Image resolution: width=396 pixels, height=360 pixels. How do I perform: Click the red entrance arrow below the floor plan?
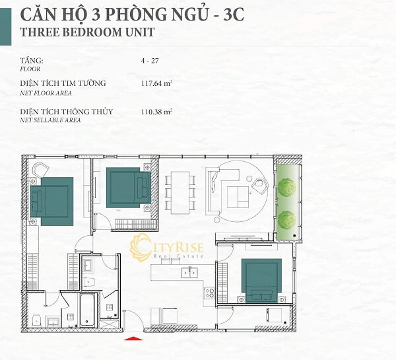coord(133,338)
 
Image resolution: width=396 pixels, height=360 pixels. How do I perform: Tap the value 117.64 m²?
coord(157,83)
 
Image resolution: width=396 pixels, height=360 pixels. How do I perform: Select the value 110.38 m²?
coord(157,112)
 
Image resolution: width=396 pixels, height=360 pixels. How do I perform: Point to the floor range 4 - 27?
coord(150,61)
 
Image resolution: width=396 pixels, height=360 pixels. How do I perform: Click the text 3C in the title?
coord(234,15)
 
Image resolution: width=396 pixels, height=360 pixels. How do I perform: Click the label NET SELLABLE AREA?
coord(50,120)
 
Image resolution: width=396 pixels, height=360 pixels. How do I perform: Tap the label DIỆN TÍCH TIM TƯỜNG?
coord(63,83)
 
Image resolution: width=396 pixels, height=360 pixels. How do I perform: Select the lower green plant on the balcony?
coord(286,220)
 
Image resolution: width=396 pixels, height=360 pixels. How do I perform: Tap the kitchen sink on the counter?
coord(189,273)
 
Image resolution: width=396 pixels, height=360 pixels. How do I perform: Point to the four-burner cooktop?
coord(209,293)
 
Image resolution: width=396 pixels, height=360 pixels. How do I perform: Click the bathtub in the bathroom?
coord(87,310)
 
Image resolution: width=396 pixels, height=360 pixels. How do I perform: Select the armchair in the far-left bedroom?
coord(40,170)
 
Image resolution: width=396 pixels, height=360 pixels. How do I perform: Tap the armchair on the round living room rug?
coord(259,186)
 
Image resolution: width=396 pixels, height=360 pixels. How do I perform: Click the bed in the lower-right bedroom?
coord(261,280)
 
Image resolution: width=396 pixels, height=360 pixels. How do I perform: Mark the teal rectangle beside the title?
coord(5,26)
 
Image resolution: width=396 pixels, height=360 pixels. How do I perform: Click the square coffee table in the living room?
coord(238,197)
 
